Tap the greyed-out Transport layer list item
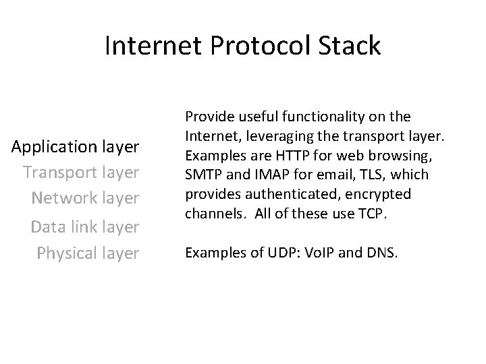click(81, 173)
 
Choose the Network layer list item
click(85, 199)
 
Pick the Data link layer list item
click(85, 227)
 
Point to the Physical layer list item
click(88, 253)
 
